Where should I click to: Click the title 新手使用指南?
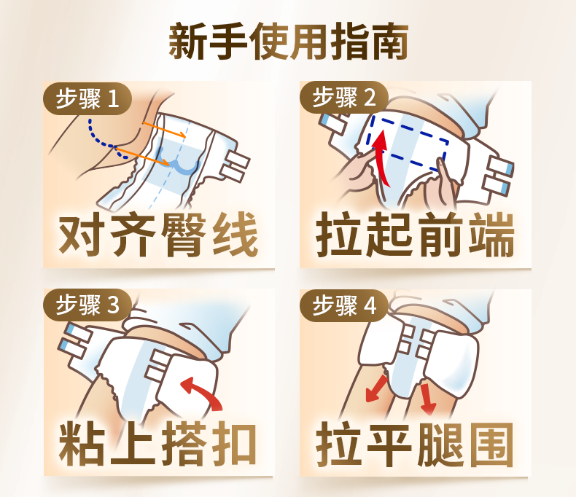289,41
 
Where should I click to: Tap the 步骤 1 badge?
87,98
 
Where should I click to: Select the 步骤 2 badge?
344,97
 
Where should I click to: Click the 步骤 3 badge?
87,305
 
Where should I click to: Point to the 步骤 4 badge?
344,305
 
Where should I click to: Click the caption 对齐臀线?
158,235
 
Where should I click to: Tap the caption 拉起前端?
415,235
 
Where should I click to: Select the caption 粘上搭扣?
158,443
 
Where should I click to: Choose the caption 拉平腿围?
415,445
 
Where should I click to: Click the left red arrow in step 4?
376,388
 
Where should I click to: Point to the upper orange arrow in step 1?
164,130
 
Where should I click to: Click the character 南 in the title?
389,41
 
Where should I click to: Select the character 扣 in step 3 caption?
236,443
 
